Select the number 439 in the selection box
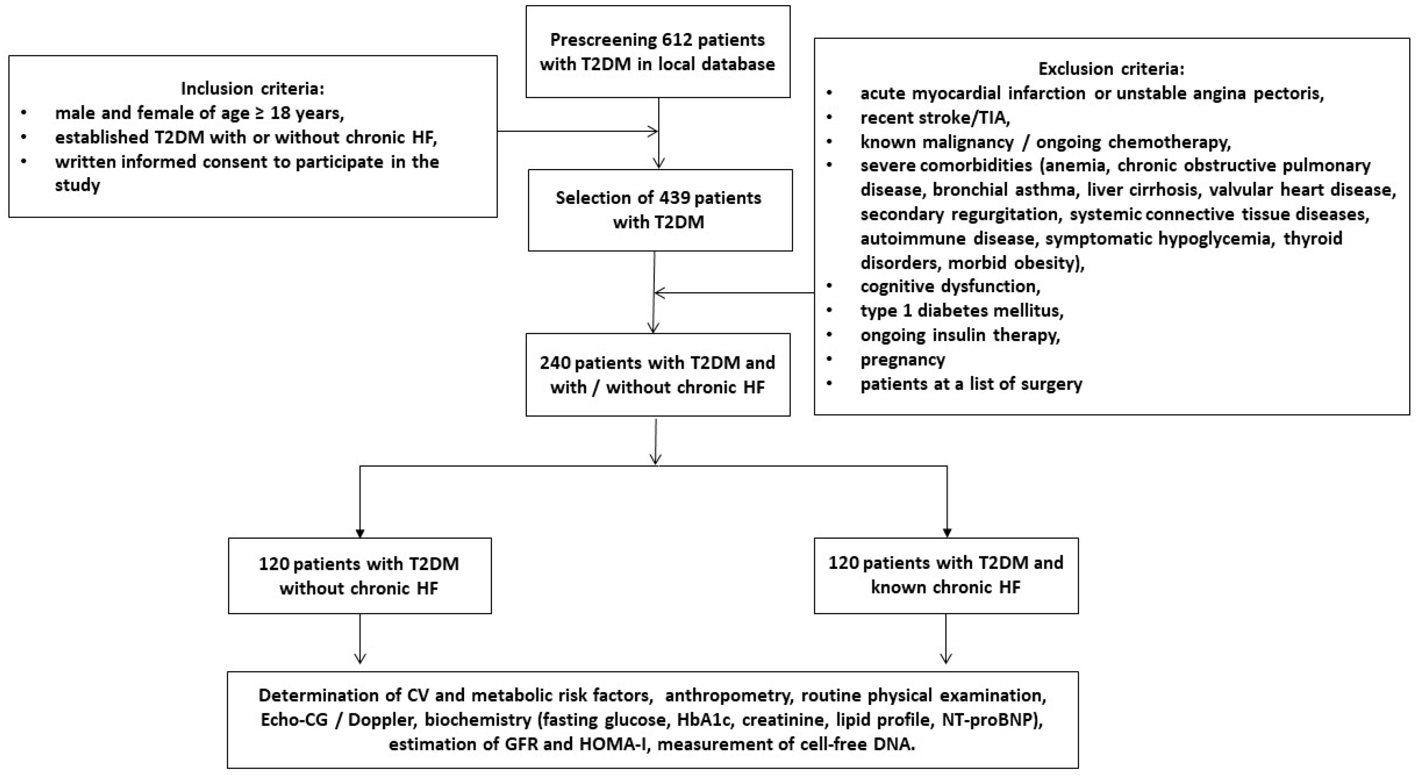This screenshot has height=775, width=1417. coord(671,198)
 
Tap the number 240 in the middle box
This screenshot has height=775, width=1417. coord(554,363)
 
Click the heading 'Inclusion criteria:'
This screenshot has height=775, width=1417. coord(252,88)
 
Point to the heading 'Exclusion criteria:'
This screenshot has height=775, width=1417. coord(1111,69)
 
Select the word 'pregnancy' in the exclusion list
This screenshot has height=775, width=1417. coord(903,360)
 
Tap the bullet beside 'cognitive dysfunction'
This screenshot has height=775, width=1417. coord(830,287)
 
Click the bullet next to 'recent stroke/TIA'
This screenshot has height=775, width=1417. coord(830,118)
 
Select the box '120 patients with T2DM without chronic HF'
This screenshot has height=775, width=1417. coord(360,575)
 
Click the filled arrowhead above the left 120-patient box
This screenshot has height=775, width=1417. coord(360,533)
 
